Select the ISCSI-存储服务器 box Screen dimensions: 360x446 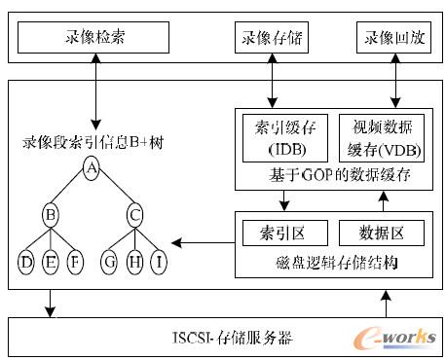point(223,337)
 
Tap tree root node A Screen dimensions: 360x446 point(93,169)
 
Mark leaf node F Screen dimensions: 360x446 point(76,262)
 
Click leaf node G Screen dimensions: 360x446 point(110,262)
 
